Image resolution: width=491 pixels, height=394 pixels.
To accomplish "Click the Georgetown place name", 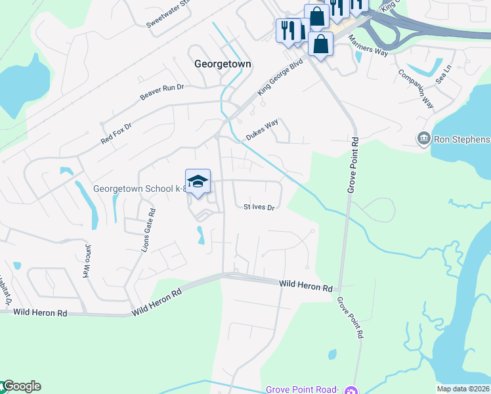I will pos(224,64).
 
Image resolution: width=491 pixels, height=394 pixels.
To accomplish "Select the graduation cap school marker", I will pos(198,182).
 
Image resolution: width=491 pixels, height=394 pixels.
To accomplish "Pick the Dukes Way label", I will pos(263,129).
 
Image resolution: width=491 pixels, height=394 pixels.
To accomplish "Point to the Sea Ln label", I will pos(444,73).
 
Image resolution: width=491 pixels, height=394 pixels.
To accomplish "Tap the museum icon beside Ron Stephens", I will pos(423,139).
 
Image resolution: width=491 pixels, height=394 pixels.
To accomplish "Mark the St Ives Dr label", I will pos(259,207).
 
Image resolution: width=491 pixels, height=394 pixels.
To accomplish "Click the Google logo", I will pos(21,386).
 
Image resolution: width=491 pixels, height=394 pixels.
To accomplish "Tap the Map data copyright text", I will pos(463,389).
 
